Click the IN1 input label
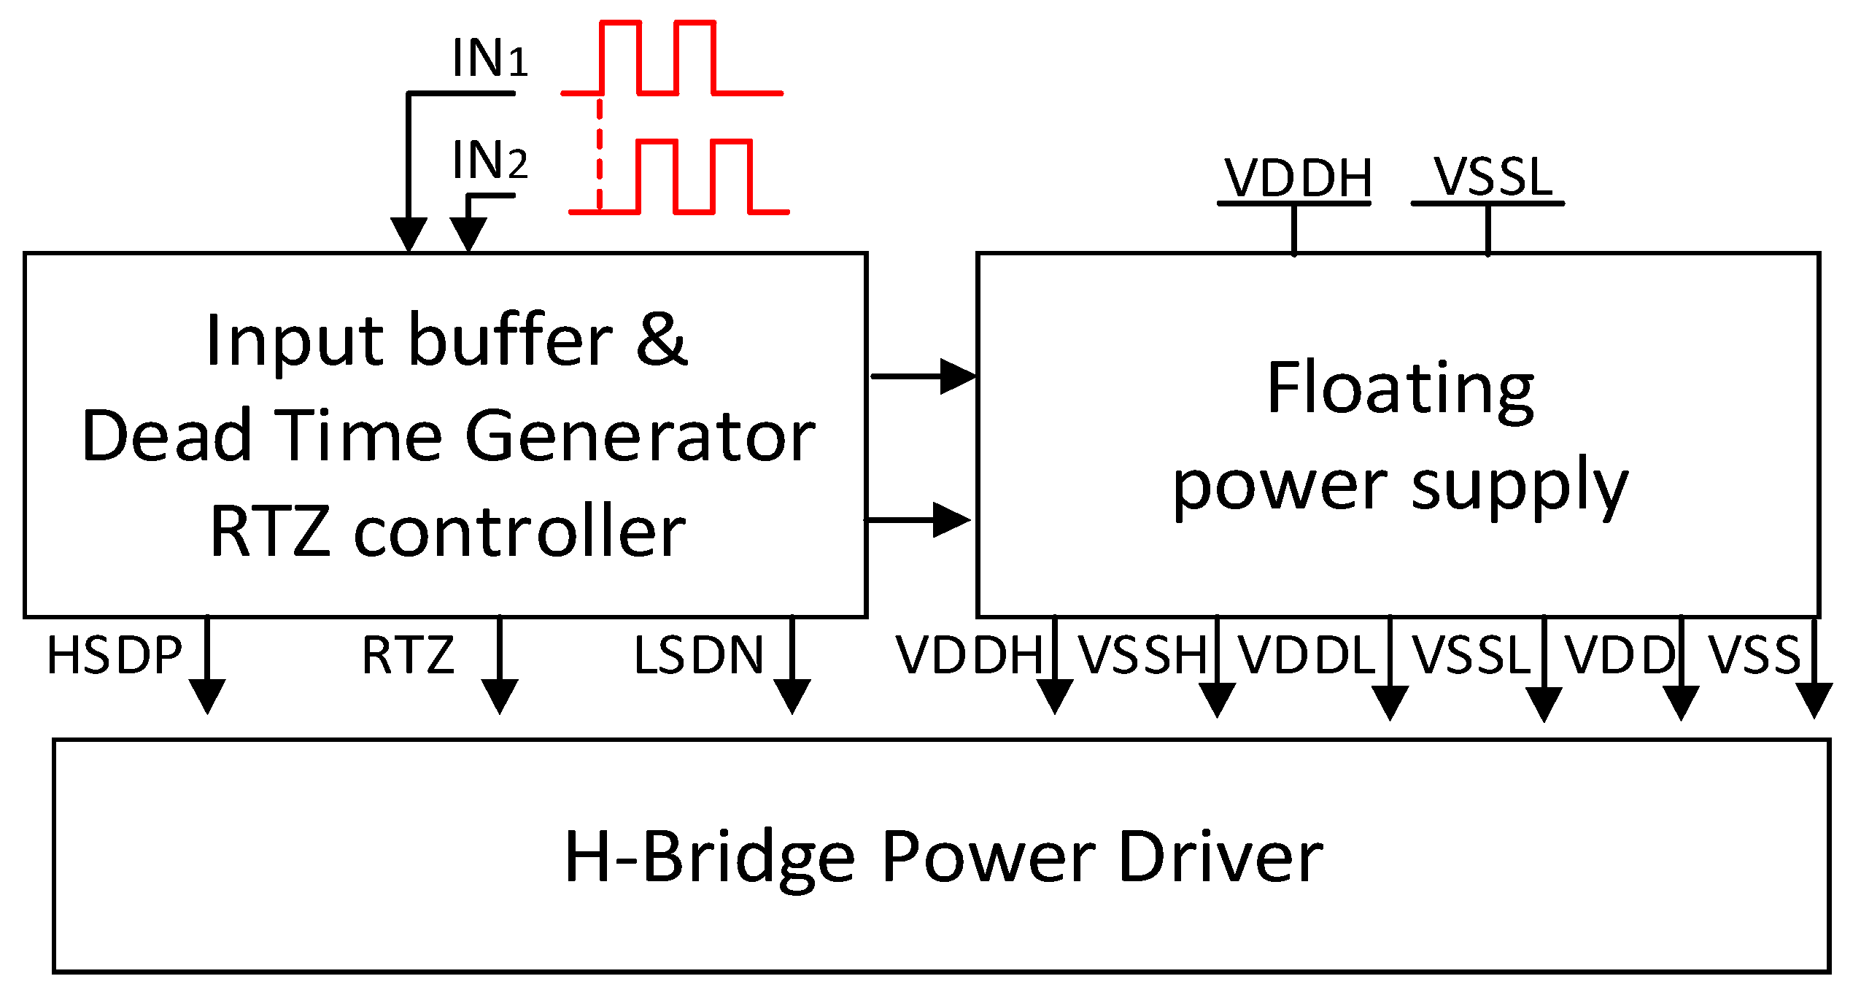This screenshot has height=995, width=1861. tap(489, 58)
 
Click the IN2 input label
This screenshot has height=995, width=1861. tap(489, 160)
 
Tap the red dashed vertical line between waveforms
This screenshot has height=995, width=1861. tap(600, 153)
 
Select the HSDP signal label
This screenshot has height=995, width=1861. tap(115, 655)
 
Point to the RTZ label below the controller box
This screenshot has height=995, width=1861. tap(409, 655)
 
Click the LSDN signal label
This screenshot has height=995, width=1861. tap(698, 655)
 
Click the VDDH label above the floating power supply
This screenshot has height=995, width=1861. tap(1298, 178)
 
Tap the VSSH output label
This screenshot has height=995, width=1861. tap(1143, 655)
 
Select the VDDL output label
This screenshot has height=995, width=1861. tap(1306, 655)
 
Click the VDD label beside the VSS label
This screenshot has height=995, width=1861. tap(1620, 655)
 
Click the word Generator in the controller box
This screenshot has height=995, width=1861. tap(640, 436)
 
